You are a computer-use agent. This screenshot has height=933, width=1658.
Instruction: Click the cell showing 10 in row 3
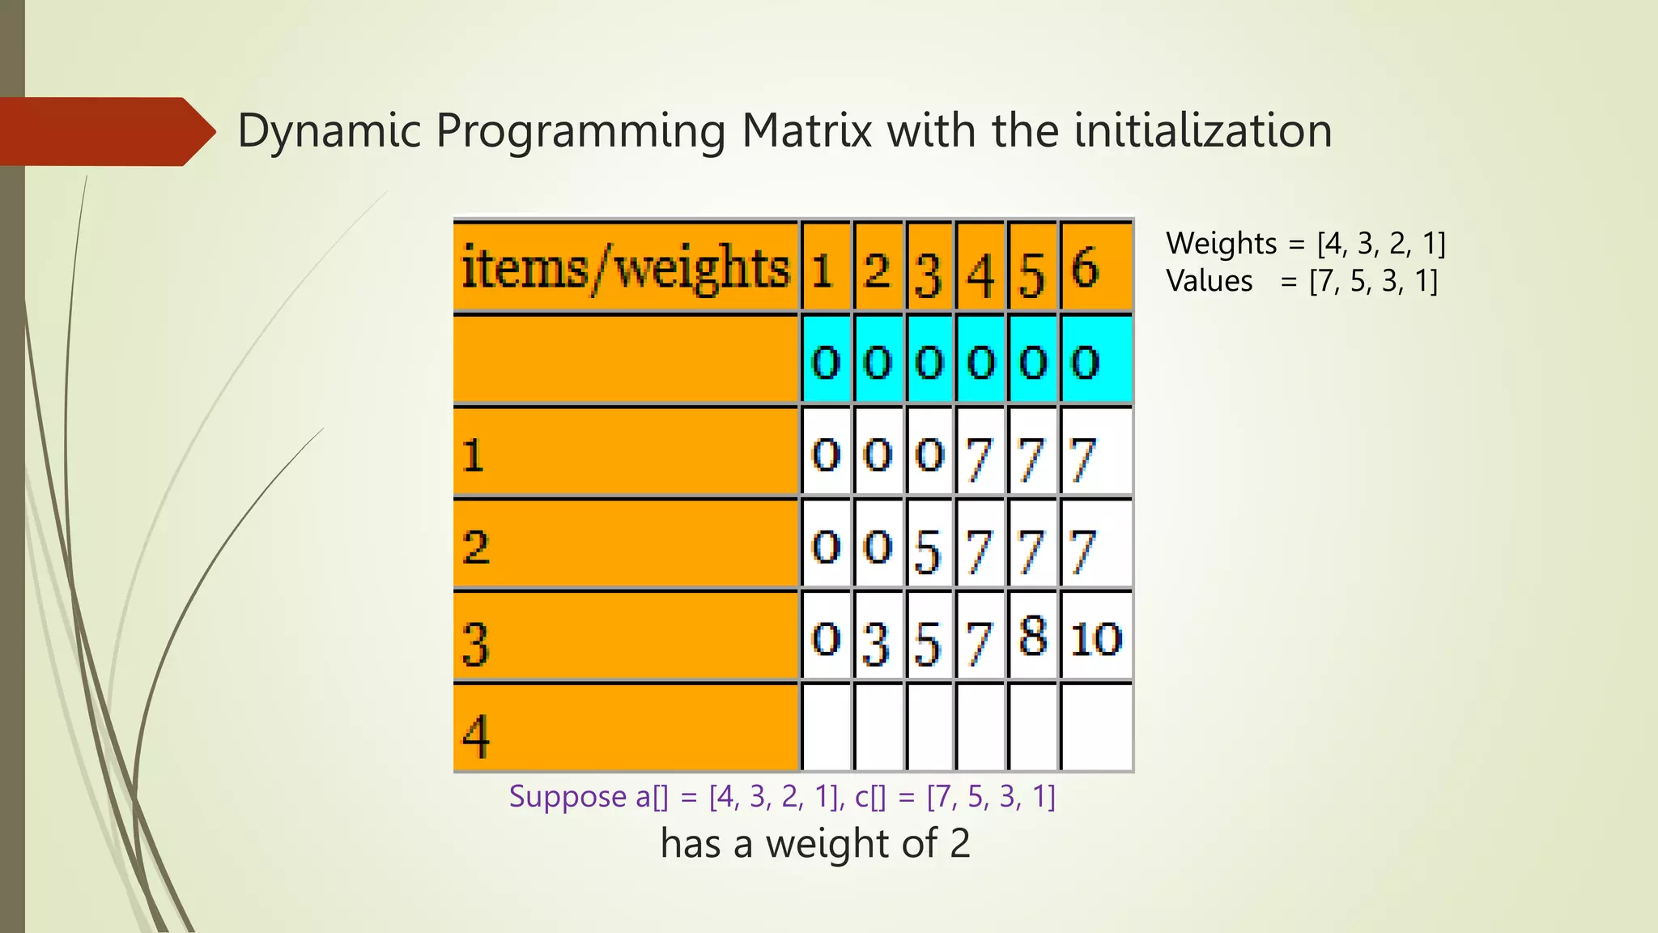[x=1095, y=639]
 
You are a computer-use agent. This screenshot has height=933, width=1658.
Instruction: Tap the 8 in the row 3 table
[x=1033, y=637]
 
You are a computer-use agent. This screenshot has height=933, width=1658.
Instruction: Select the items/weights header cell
[x=626, y=267]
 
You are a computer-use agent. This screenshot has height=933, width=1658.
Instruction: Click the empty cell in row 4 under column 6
[x=1095, y=727]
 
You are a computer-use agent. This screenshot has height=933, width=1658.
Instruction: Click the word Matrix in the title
[x=806, y=130]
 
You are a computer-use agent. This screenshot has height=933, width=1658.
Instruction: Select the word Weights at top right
[x=1222, y=243]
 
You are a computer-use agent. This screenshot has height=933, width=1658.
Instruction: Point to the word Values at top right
[x=1209, y=281]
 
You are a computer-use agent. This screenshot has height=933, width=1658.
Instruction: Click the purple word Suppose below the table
[x=568, y=797]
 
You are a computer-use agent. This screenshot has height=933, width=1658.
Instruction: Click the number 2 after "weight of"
[x=959, y=844]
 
